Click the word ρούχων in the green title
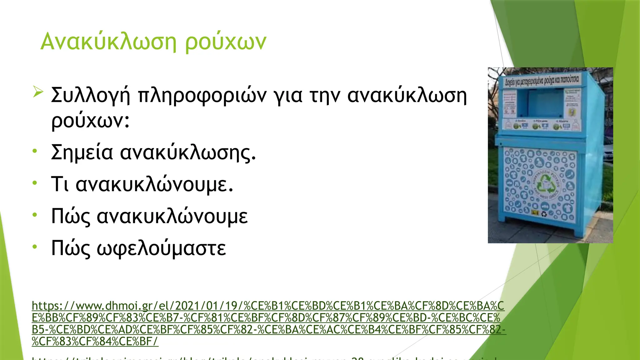[x=226, y=42]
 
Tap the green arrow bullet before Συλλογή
[x=37, y=92]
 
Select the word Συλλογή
[x=90, y=95]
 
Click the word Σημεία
[x=82, y=152]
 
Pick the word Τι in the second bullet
[x=59, y=184]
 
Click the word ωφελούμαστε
[x=161, y=248]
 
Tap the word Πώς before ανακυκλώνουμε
[x=71, y=216]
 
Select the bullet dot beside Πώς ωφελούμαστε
[x=35, y=247]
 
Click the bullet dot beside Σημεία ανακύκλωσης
[x=35, y=151]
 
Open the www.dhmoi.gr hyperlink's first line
[x=268, y=306]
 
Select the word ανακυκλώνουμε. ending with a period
[x=154, y=184]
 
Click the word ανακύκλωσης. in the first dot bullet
[x=188, y=152]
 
